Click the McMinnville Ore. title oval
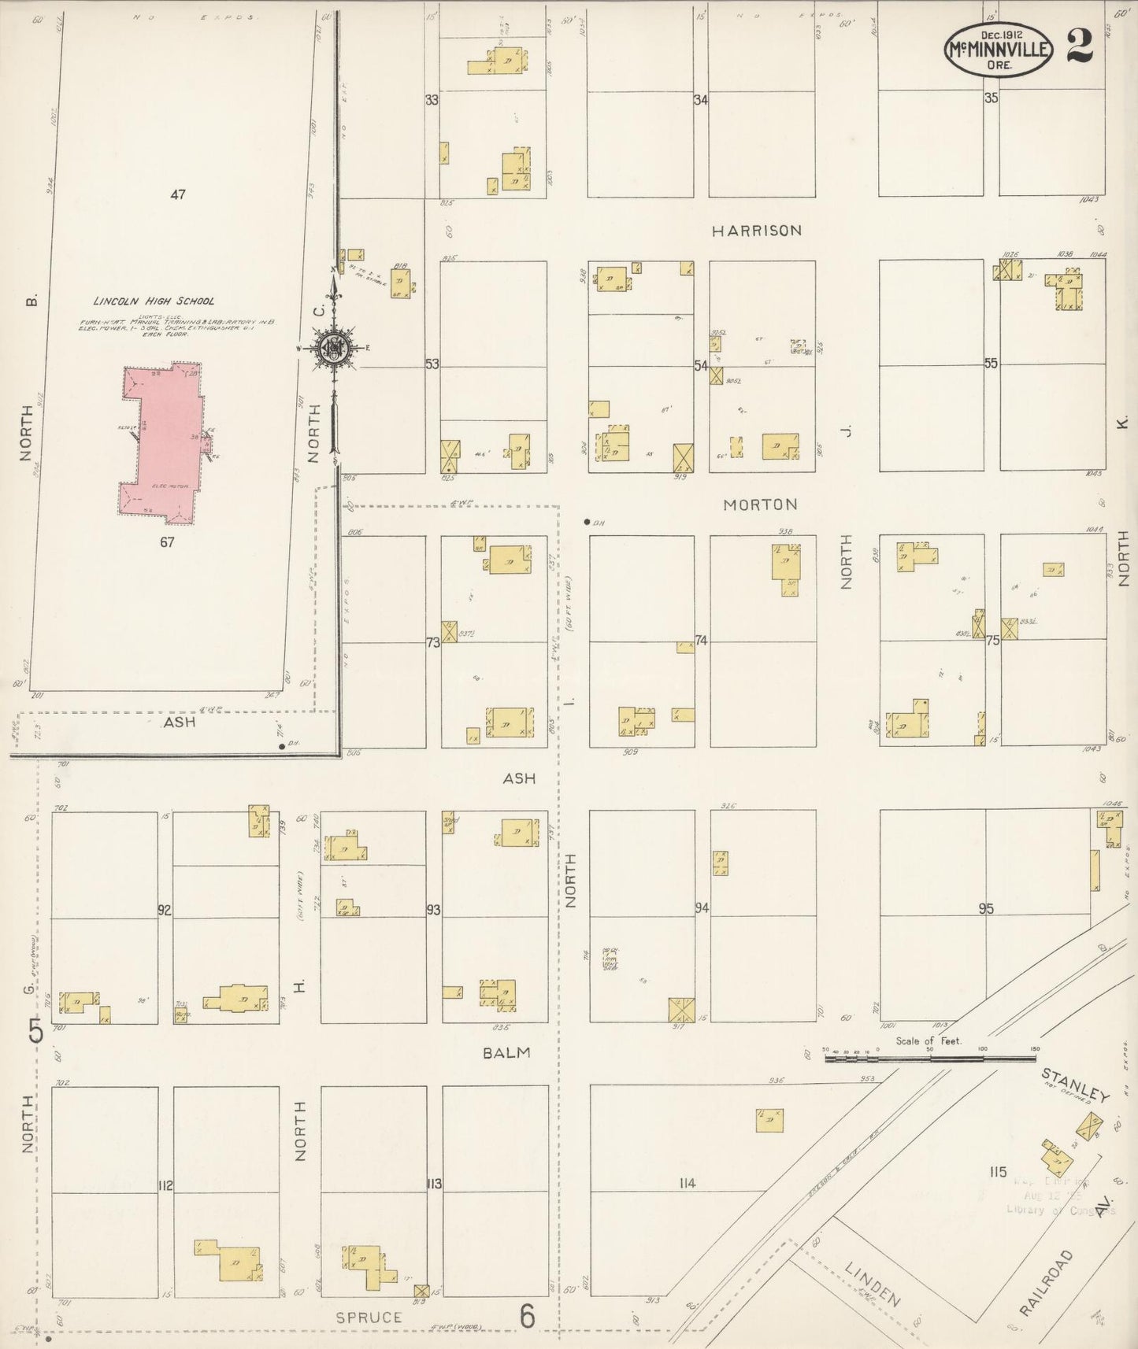pos(999,49)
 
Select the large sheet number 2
pos(1081,45)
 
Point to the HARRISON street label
pos(757,231)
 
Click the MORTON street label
pos(760,504)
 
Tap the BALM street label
pos(507,1052)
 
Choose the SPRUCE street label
pos(369,1317)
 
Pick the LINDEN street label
pos(872,1284)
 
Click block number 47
pos(178,194)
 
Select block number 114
pos(688,1183)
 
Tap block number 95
pos(986,909)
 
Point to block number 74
pos(701,641)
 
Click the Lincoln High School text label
pos(154,301)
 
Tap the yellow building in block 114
pos(769,1120)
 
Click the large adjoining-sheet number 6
pos(527,1316)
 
